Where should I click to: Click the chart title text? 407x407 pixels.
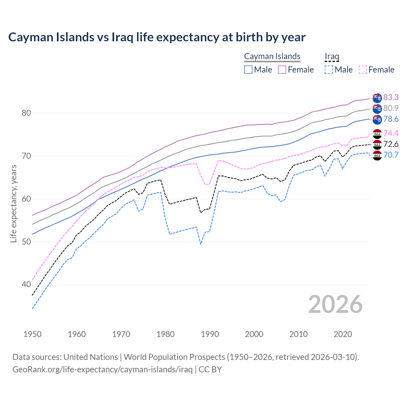157,37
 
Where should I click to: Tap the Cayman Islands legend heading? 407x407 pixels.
272,56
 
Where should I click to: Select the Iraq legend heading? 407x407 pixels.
332,56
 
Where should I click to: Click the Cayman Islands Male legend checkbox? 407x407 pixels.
248,70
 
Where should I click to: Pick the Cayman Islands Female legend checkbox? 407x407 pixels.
282,70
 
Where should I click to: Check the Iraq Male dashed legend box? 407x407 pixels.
329,70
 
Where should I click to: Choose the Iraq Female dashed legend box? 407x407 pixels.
363,70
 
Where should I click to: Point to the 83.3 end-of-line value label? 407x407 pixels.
391,97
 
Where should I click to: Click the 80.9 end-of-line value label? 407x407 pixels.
391,108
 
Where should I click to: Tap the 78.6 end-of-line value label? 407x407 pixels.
391,119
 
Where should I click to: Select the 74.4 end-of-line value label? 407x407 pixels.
391,133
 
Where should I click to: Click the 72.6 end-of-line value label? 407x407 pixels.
391,144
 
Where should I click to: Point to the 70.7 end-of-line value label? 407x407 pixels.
391,155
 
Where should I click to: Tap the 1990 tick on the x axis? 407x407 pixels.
210,334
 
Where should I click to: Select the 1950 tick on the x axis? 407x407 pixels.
32,334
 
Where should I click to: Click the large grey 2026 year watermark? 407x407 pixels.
335,304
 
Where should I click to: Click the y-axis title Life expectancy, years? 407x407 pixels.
13,203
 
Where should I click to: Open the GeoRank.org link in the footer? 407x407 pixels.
102,369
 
